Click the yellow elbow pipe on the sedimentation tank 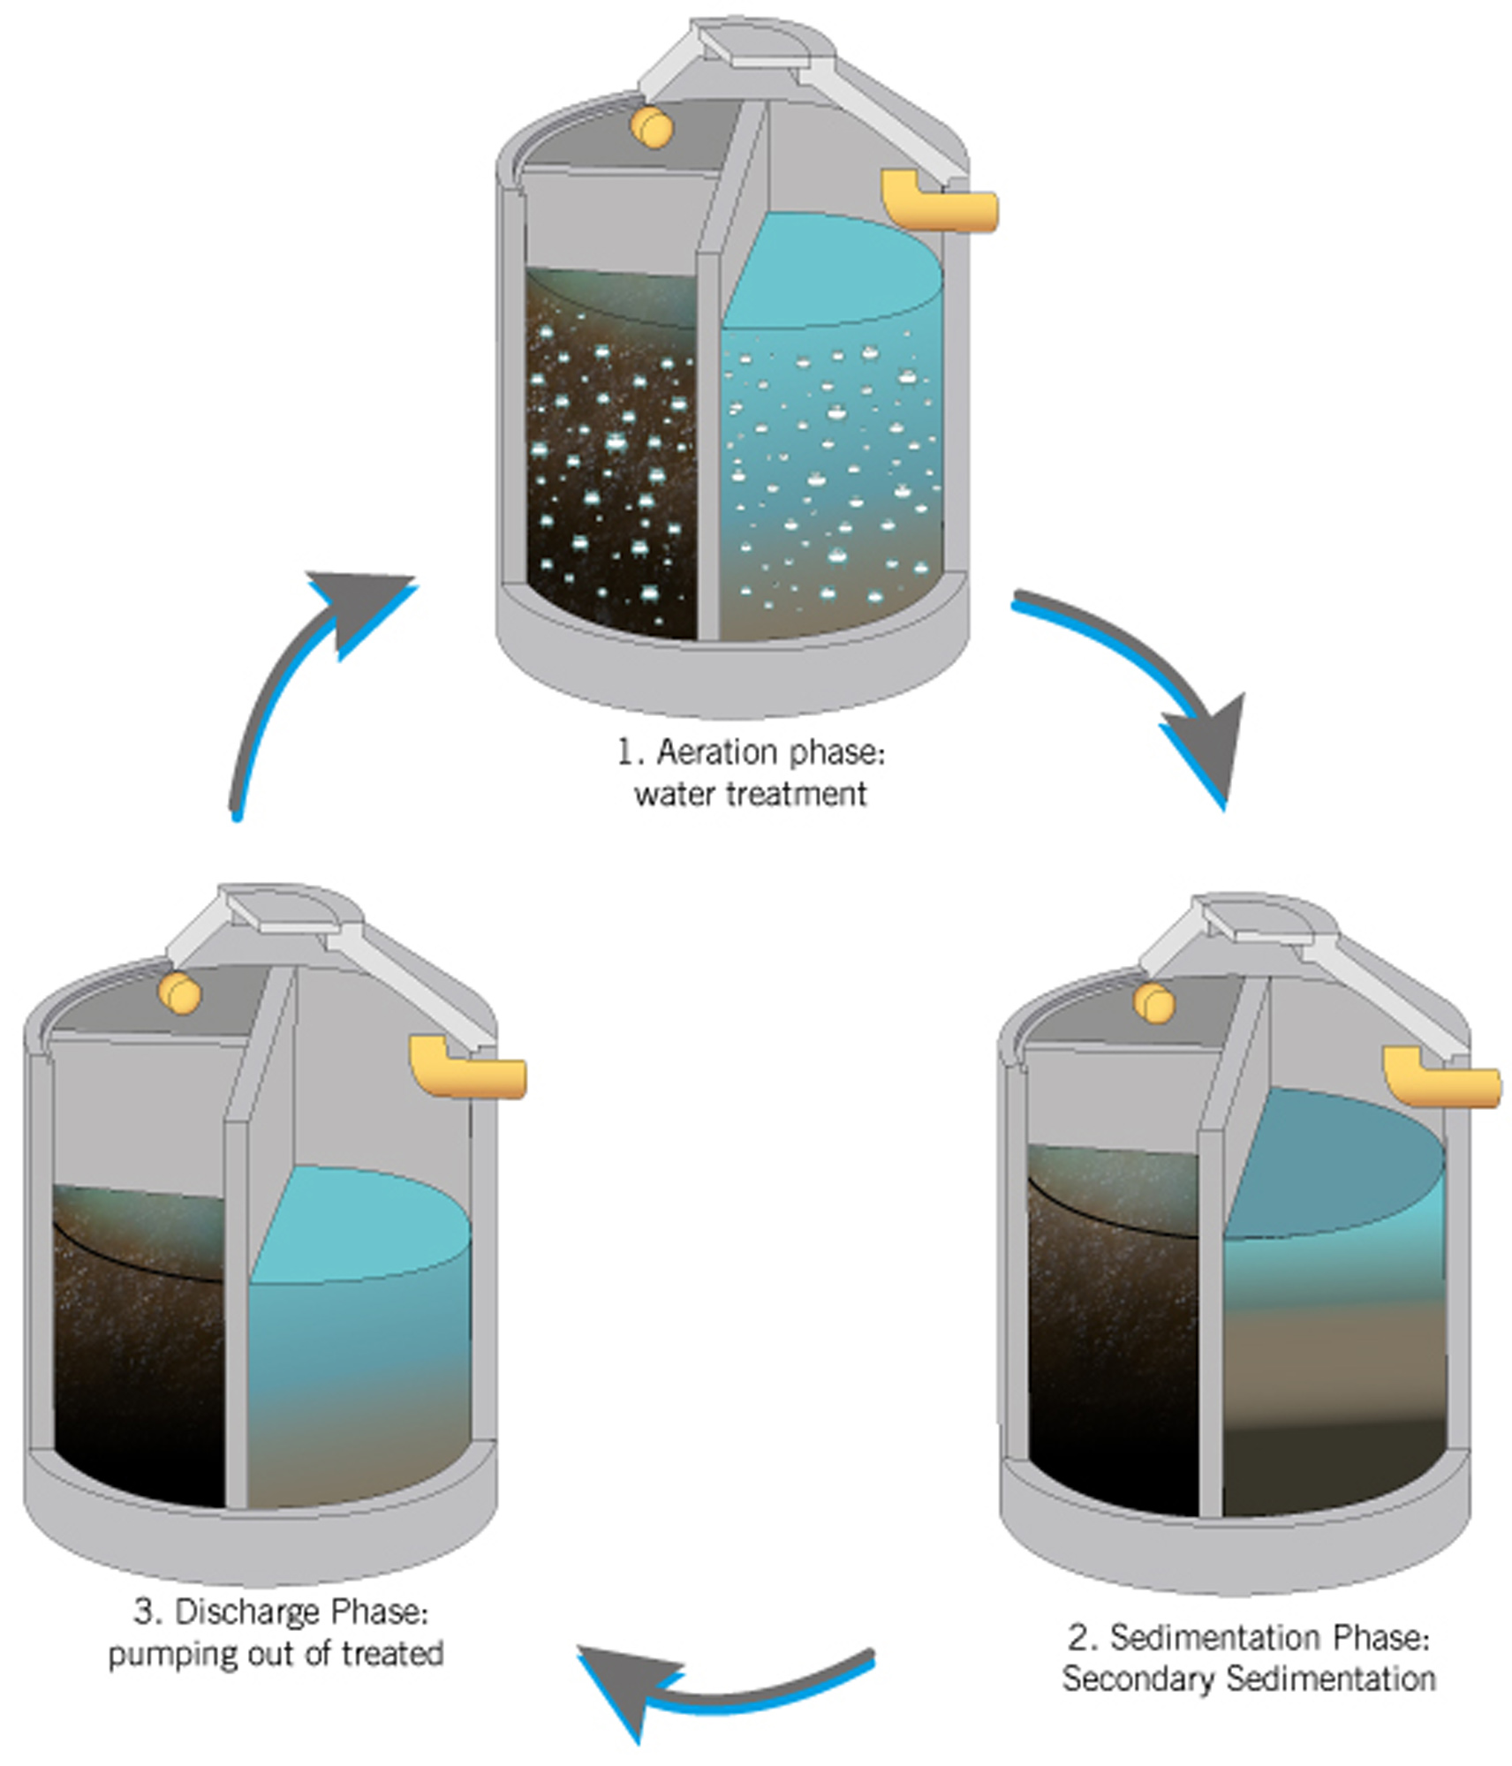pos(1441,1075)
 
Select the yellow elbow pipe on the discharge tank pos(467,1067)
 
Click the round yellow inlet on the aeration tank pos(652,127)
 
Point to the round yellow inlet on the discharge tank pos(180,994)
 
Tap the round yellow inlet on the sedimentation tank pos(1154,1004)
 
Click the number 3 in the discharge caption pos(146,1612)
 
